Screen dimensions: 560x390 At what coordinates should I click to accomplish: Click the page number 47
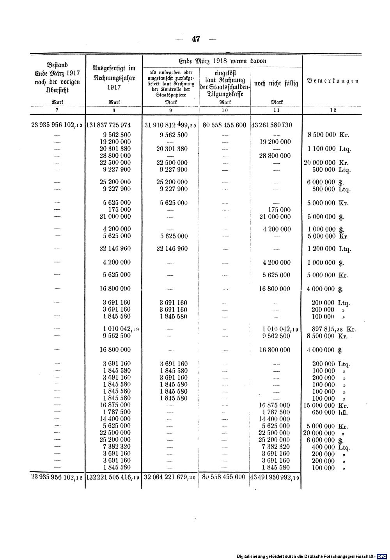pos(195,39)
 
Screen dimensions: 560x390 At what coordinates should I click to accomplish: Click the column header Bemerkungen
pos(333,81)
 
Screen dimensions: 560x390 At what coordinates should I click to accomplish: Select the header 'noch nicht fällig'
pos(276,83)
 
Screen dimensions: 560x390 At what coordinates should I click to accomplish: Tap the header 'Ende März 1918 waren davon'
pos(223,61)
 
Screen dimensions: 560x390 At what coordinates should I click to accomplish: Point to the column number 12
pos(333,111)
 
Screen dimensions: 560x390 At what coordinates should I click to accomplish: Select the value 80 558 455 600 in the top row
pos(225,125)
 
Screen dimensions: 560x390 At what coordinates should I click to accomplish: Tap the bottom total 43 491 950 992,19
pos(275,477)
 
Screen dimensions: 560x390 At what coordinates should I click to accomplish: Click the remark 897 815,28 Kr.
pos(331,329)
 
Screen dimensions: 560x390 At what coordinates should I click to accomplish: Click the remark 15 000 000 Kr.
pos(325,405)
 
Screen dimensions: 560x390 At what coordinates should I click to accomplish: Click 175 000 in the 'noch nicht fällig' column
pos(277,210)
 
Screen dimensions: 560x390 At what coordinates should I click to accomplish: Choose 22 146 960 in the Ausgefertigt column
pos(114,248)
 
